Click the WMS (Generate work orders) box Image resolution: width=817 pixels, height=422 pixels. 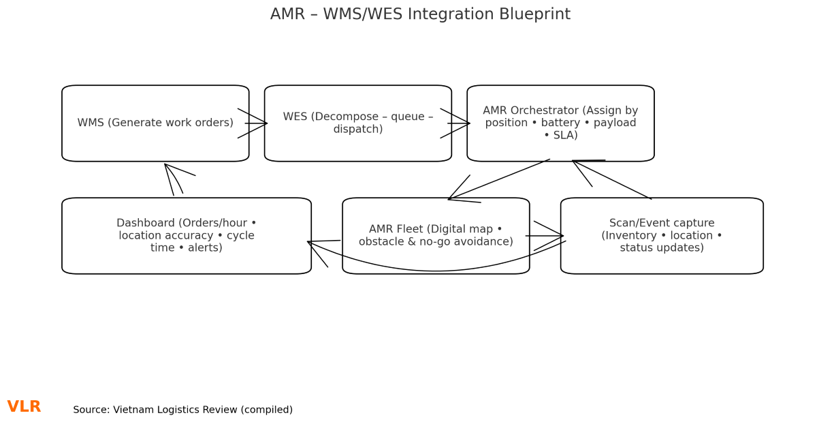tap(155, 123)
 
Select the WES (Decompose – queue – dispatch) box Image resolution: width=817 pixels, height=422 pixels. tap(357, 123)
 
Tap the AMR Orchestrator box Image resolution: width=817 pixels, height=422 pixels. tap(560, 123)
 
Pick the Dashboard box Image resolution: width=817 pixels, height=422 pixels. tap(186, 236)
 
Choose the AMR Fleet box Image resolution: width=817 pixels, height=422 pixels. tap(436, 236)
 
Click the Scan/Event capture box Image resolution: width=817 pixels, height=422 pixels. tap(661, 236)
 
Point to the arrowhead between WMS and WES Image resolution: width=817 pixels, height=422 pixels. tap(262, 123)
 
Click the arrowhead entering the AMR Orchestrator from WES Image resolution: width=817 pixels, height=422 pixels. tap(465, 123)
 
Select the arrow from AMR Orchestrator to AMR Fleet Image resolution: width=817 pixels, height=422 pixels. tap(499, 179)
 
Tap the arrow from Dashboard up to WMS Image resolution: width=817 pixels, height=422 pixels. tap(170, 180)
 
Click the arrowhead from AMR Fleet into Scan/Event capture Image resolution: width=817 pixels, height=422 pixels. tap(558, 236)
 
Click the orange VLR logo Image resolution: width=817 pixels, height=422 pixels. tap(24, 407)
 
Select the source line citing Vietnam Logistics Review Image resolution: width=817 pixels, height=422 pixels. tap(182, 410)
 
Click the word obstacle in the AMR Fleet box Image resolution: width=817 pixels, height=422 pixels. tap(381, 242)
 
